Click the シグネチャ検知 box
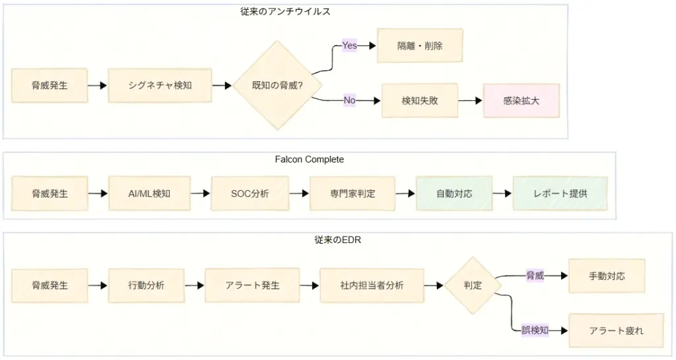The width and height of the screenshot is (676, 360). click(159, 85)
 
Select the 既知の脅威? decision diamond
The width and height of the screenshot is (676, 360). click(277, 85)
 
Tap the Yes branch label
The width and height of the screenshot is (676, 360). click(349, 46)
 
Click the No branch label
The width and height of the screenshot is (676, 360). click(349, 100)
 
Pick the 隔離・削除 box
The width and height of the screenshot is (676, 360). click(420, 46)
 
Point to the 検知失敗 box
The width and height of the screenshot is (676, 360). click(420, 101)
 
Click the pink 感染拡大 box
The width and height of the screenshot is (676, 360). click(522, 101)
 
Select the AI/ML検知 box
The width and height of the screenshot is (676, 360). click(149, 194)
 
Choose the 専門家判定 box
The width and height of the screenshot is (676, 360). click(353, 194)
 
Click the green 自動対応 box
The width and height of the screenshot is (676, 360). click(454, 194)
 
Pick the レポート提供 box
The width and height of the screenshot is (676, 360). click(560, 194)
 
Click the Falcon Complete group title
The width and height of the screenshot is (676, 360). click(310, 159)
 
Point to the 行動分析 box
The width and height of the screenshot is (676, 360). click(147, 285)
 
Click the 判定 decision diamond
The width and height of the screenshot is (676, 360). click(473, 285)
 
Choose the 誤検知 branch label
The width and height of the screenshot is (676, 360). click(535, 330)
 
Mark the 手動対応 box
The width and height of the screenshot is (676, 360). click(607, 276)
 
